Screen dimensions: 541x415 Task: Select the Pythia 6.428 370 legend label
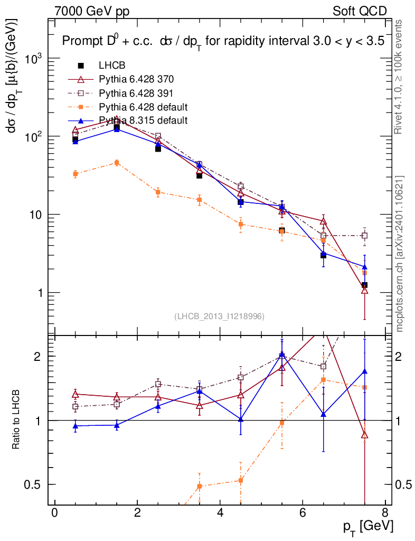136,79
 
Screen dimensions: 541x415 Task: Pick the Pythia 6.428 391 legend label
136,94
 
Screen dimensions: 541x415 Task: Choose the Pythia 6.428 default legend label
144,107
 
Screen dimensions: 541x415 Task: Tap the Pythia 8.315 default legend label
144,120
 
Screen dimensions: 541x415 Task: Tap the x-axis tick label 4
220,513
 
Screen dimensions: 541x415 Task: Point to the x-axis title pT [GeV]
368,526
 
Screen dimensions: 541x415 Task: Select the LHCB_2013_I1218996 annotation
219,316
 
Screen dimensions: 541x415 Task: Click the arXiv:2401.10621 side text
400,254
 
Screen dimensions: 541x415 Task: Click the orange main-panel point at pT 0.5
76,174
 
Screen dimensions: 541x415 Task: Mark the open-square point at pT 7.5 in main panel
364,236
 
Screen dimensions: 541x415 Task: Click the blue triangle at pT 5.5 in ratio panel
282,355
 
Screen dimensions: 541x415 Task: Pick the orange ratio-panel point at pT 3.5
200,486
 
